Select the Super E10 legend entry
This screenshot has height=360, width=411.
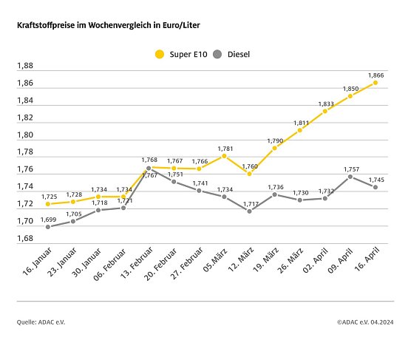178,54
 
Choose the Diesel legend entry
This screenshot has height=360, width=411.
231,54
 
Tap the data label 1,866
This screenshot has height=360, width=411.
376,75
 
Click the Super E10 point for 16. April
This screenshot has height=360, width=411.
376,83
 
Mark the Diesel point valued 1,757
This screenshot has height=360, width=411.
350,177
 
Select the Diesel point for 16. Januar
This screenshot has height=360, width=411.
48,227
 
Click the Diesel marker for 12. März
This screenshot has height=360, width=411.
249,211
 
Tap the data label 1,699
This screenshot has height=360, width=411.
48,219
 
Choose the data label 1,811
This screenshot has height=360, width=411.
300,122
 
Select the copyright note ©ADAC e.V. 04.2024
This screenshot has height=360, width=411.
365,322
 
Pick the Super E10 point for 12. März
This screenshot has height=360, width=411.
249,174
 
